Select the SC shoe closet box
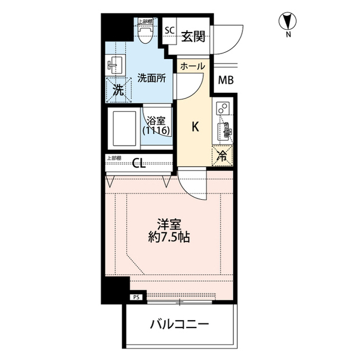tap(169, 31)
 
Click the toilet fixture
tap(145, 34)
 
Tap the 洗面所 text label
tap(151, 79)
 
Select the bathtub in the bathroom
tap(125, 129)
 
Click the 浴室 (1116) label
tap(156, 125)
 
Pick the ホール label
tap(192, 66)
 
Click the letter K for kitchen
tap(195, 127)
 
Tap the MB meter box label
tap(226, 80)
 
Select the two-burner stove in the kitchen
tap(223, 107)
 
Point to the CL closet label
tap(139, 164)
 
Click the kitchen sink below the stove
tap(224, 132)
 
